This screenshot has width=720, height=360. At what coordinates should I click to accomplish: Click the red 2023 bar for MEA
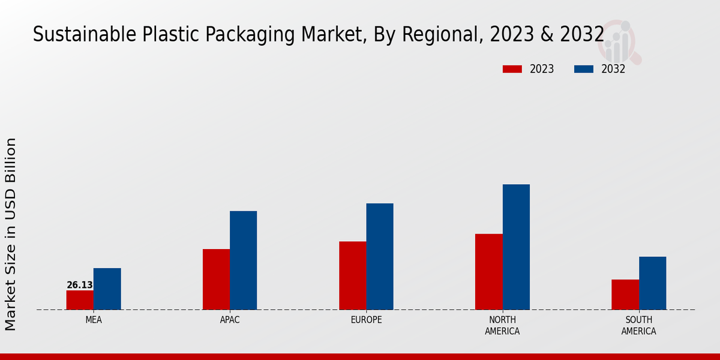click(x=80, y=300)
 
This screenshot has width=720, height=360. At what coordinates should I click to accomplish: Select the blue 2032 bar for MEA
click(x=107, y=289)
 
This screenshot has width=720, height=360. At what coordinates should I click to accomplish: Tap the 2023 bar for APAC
click(x=216, y=279)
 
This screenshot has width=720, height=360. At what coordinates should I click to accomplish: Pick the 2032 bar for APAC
click(x=243, y=260)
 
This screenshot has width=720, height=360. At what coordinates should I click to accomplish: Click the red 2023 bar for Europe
click(x=352, y=275)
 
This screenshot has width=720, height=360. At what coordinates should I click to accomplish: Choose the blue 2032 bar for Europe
click(x=380, y=256)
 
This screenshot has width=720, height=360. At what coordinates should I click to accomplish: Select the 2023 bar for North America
click(x=488, y=272)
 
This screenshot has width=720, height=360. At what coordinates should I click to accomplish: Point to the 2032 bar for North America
click(x=516, y=247)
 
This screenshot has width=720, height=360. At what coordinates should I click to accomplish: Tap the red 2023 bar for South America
click(x=625, y=295)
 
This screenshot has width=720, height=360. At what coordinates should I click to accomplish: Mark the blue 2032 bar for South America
click(x=652, y=283)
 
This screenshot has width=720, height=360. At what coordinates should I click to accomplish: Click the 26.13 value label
click(x=80, y=285)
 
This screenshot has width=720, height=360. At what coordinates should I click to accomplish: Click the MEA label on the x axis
click(x=94, y=320)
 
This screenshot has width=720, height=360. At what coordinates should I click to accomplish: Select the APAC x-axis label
click(x=230, y=320)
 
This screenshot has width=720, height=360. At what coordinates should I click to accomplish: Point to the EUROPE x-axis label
click(x=366, y=320)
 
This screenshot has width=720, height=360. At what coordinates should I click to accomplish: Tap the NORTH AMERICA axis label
click(x=502, y=325)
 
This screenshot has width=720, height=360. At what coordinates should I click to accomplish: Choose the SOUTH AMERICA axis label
click(x=638, y=325)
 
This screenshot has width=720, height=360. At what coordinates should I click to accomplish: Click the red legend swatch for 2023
click(x=512, y=69)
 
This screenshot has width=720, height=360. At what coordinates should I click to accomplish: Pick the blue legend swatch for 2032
click(x=583, y=69)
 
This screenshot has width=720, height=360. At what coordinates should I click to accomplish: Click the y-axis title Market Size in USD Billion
click(x=11, y=234)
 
